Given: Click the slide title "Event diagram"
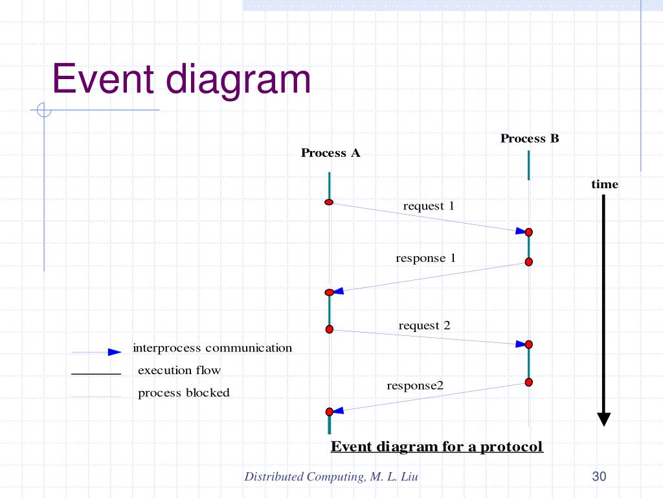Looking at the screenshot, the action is point(181,80).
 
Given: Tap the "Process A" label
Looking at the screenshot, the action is point(331,153).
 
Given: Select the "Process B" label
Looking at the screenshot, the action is point(530,139).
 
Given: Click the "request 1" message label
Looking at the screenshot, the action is point(429,206).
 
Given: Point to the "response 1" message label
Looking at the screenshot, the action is point(425,258).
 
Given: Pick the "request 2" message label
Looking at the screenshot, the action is point(424,326).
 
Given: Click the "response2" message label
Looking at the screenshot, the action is point(415,386).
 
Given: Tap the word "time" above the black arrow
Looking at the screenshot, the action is point(605,184).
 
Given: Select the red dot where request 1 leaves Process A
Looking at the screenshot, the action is point(329,202).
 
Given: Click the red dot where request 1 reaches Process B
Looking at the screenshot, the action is point(528,232).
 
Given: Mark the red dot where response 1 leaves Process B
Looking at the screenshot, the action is point(528,262).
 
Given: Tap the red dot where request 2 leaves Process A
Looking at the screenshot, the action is point(330,329).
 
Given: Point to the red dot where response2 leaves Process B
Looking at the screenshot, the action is point(528,383).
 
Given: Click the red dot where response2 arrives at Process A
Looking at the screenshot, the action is point(330,412).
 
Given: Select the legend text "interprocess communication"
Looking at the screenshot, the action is point(212,348).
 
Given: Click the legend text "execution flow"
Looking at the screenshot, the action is point(179,370).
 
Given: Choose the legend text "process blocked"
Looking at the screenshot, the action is point(184,393).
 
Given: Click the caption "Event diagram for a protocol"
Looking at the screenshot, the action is point(437,447).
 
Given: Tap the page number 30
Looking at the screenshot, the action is point(599,477).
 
